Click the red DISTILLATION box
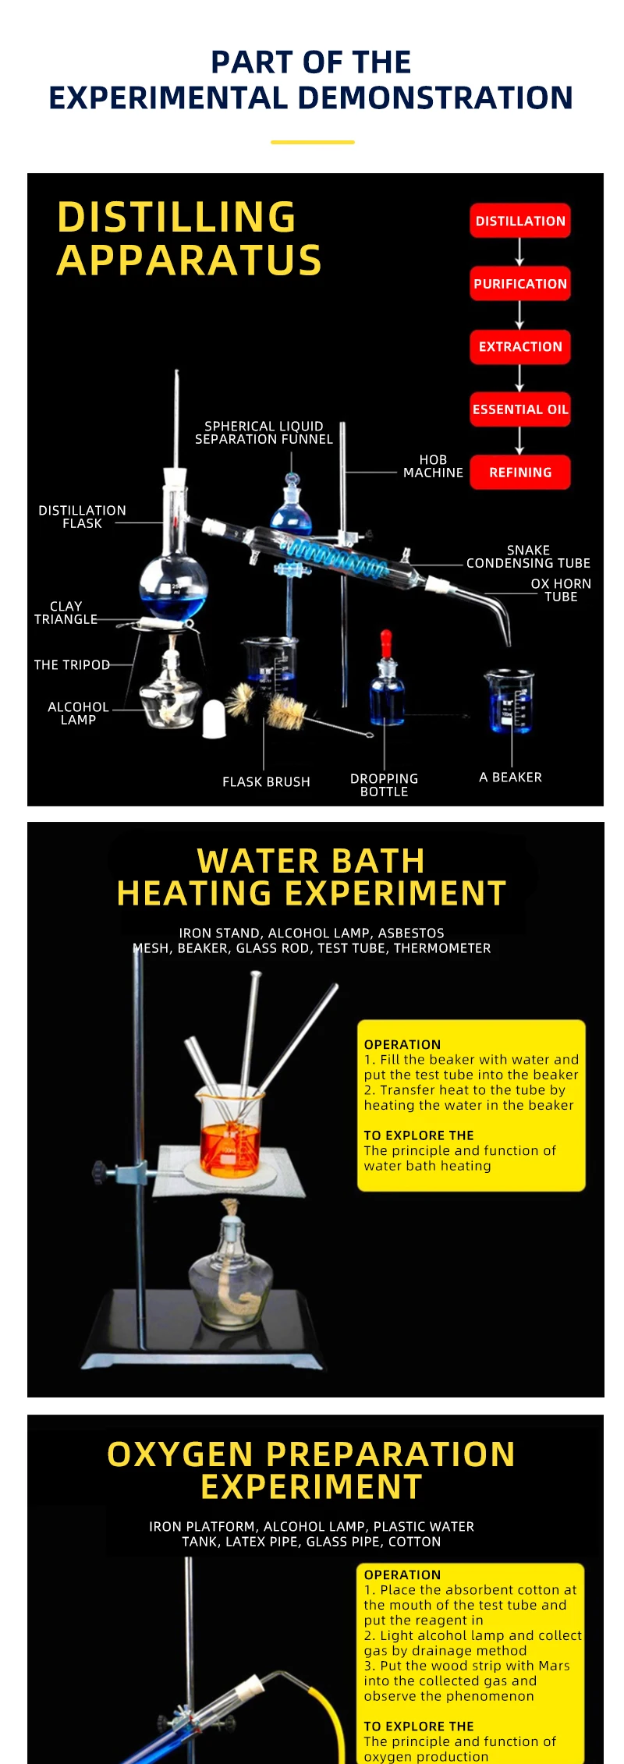520,221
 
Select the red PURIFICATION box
520,284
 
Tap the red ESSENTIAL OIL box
520,409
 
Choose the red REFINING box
520,473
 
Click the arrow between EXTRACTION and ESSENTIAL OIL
520,378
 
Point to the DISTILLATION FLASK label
82,517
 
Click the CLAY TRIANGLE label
66,613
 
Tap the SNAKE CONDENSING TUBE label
528,557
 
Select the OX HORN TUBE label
561,590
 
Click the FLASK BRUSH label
266,781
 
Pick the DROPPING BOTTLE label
384,785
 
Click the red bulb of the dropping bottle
385,642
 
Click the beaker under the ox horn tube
509,701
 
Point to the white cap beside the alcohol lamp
214,718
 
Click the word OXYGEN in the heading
180,1454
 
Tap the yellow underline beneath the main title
312,142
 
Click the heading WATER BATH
311,862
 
